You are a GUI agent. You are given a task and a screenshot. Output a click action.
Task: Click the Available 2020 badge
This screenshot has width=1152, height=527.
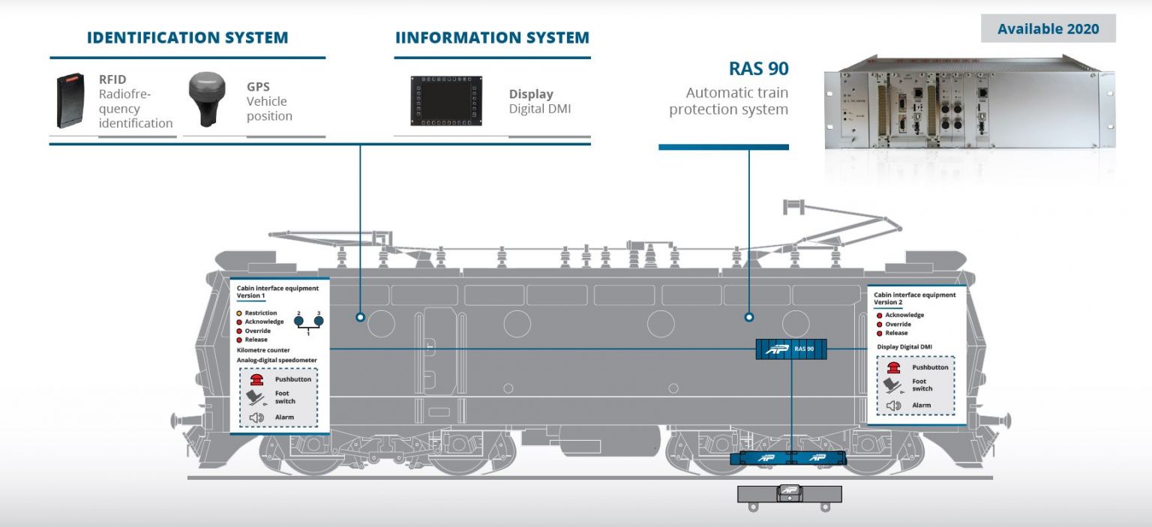pyautogui.click(x=1048, y=29)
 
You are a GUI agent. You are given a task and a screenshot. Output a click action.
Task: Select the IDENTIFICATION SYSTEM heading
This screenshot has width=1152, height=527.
pyautogui.click(x=187, y=37)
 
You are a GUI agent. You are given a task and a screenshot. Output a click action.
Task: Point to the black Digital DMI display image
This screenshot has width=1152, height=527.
pyautogui.click(x=445, y=100)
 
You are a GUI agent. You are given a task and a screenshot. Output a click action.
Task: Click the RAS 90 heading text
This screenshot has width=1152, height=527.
pyautogui.click(x=758, y=69)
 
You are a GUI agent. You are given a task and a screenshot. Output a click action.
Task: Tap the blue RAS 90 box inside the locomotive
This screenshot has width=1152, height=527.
pyautogui.click(x=791, y=349)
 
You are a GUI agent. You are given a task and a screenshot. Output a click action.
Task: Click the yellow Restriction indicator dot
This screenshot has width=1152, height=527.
pyautogui.click(x=239, y=313)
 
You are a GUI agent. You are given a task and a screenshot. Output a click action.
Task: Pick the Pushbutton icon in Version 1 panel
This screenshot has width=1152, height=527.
pyautogui.click(x=256, y=379)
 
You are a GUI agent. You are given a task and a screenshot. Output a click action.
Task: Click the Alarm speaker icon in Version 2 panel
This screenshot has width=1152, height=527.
pyautogui.click(x=893, y=406)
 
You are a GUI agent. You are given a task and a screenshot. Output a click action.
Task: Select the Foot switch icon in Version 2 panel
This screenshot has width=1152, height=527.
pyautogui.click(x=892, y=385)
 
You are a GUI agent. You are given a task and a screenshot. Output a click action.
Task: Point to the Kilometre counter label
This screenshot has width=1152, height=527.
pyautogui.click(x=263, y=350)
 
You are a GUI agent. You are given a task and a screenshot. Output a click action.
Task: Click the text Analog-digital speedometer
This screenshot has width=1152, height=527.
pyautogui.click(x=277, y=360)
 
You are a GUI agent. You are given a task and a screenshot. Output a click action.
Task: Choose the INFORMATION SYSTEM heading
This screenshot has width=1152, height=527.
pyautogui.click(x=492, y=37)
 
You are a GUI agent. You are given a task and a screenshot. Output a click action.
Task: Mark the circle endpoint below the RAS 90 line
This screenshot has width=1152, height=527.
pyautogui.click(x=749, y=317)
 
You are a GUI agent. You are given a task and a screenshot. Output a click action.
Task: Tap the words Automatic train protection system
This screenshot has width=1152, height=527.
pyautogui.click(x=728, y=101)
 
